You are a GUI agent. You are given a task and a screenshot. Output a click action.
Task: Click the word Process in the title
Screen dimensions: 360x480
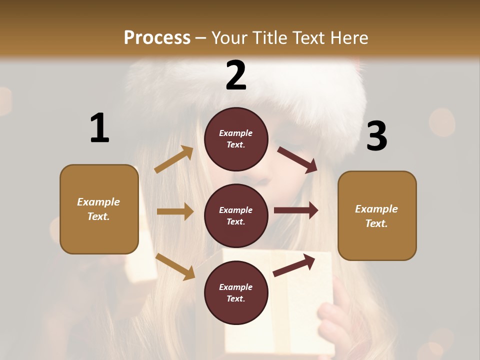point(157,37)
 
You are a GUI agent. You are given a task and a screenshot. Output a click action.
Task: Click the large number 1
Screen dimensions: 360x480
point(99,128)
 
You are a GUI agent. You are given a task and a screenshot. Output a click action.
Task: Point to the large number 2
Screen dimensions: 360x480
point(236,75)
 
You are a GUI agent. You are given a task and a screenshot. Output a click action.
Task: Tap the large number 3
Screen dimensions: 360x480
point(376,136)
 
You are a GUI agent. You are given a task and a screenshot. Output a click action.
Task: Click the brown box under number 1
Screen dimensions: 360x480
point(99,209)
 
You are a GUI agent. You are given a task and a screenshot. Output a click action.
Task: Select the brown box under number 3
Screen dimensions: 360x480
point(377,215)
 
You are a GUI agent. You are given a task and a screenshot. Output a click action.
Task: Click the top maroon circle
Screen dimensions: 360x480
point(236,139)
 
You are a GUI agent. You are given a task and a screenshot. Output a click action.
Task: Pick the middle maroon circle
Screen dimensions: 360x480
point(236,215)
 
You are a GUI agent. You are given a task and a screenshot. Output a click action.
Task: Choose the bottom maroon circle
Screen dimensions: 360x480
point(236,292)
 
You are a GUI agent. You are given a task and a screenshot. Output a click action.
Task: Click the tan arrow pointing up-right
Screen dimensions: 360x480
point(174,159)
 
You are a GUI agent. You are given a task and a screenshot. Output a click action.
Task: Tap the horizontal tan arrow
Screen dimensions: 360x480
point(175,211)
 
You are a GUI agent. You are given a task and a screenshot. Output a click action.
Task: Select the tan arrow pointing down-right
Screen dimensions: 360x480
point(175,266)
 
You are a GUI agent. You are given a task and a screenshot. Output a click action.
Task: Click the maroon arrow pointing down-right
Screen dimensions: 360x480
point(297,160)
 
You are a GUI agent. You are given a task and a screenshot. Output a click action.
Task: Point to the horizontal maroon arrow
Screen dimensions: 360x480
point(296,210)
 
